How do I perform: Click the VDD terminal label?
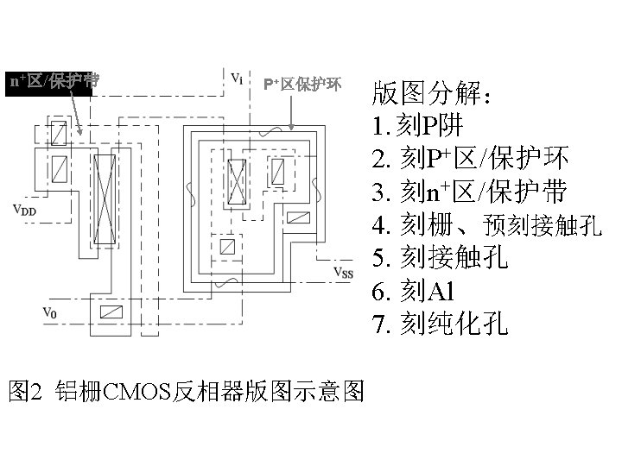[x=23, y=209]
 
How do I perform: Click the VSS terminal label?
[x=344, y=274]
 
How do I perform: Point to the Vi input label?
[x=237, y=78]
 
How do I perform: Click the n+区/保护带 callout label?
[x=54, y=82]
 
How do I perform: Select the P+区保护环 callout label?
[x=302, y=84]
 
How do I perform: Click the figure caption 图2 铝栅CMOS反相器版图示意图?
[x=185, y=390]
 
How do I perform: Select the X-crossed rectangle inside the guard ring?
[x=235, y=179]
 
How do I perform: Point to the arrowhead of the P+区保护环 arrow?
[x=293, y=129]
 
